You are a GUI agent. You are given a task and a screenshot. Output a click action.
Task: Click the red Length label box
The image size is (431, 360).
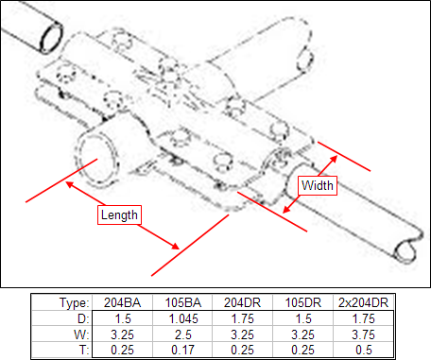click(x=119, y=214)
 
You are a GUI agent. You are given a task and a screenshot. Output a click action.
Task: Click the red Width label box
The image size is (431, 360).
click(x=318, y=185)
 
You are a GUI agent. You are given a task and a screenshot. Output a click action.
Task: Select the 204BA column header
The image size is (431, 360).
click(x=122, y=302)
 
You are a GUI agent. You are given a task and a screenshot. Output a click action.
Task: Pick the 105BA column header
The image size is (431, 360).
click(x=183, y=302)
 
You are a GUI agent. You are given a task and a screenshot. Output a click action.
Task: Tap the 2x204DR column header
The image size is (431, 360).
click(x=363, y=302)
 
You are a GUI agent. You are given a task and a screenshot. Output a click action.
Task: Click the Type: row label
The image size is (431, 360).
click(x=75, y=303)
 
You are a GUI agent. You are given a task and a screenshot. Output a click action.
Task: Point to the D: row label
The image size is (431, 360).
click(x=83, y=318)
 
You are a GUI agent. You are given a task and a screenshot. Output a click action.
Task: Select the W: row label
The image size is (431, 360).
click(x=81, y=334)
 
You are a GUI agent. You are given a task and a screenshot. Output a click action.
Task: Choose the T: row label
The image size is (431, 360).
click(x=84, y=350)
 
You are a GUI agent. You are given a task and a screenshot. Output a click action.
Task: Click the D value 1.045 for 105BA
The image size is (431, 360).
click(x=183, y=318)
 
